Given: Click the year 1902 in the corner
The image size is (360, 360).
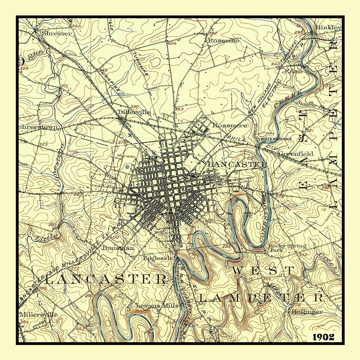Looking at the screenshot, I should tap(323, 337).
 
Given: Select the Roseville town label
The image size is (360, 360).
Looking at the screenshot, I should tap(223, 40).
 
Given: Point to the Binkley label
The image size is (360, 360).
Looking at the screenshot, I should tap(328, 28).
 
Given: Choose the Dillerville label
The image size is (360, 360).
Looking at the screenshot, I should tap(134, 112).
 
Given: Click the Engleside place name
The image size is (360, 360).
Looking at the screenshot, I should tap(158, 258).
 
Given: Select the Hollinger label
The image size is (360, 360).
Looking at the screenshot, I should tap(307, 311).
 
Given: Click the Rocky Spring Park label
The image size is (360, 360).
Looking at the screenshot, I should tap(287, 247).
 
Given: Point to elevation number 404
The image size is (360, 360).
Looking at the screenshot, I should tap(172, 43).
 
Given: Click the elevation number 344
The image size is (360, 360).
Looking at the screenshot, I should tap(76, 26).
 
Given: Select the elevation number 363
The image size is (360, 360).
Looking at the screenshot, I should tap(179, 109).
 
